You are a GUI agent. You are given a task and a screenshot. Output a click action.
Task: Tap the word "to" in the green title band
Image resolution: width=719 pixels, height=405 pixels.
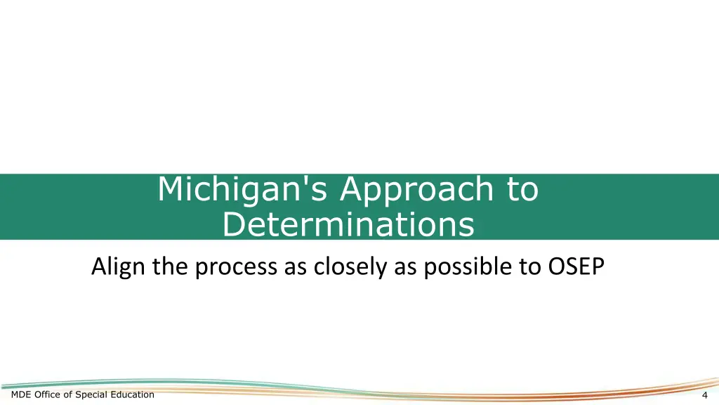(522, 190)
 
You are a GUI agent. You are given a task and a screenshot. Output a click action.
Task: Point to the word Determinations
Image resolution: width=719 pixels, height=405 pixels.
(348, 225)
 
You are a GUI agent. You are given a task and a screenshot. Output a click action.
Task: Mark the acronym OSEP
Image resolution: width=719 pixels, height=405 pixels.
(574, 268)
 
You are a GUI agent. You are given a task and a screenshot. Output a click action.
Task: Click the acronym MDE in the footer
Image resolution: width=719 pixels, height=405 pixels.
(22, 394)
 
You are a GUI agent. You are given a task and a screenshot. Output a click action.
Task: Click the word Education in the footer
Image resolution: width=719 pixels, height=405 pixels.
(133, 394)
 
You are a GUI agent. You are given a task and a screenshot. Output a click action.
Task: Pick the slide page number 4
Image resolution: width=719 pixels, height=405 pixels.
(704, 395)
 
